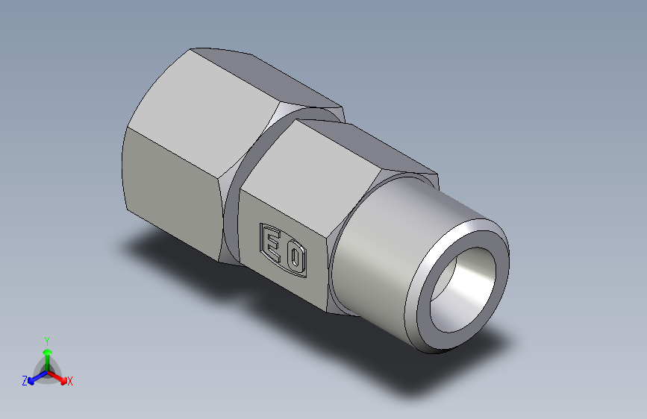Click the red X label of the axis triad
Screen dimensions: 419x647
pyautogui.click(x=70, y=382)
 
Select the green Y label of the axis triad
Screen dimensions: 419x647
pyautogui.click(x=46, y=338)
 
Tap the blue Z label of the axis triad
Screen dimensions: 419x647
pyautogui.click(x=25, y=381)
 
